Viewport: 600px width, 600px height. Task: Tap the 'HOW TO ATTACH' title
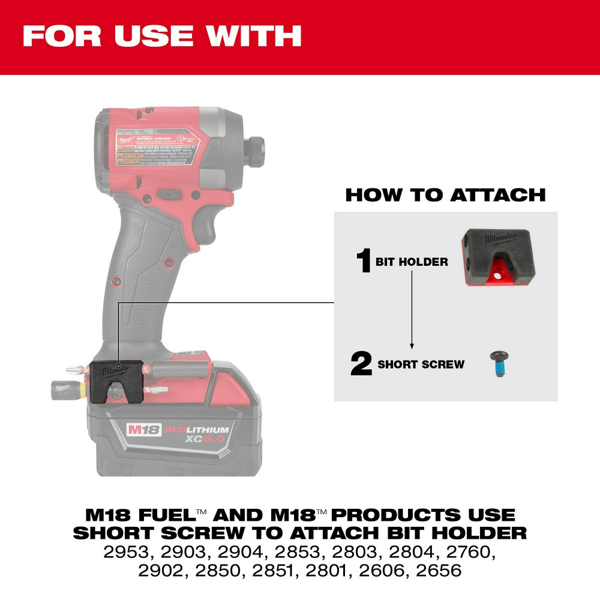pyautogui.click(x=445, y=195)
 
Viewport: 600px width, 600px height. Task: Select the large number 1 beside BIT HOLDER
pyautogui.click(x=364, y=262)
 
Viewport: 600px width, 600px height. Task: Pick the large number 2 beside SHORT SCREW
pyautogui.click(x=362, y=364)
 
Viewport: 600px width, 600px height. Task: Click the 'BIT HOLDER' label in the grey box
pyautogui.click(x=412, y=262)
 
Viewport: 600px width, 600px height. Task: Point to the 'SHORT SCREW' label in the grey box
pyautogui.click(x=421, y=364)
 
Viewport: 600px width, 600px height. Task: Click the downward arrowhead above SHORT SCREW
pyautogui.click(x=412, y=346)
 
